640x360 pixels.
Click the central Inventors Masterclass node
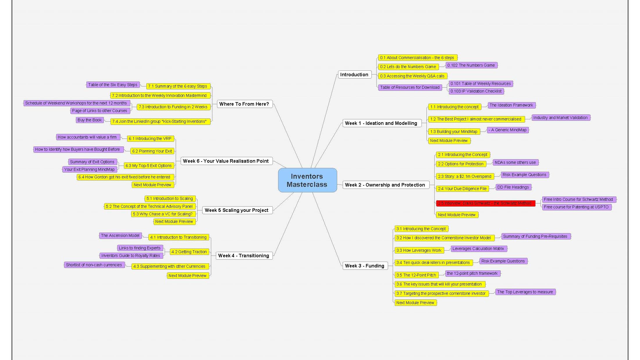[x=307, y=180]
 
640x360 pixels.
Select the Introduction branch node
[x=354, y=75]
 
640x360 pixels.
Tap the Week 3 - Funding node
[x=365, y=266]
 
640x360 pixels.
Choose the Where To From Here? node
[x=244, y=104]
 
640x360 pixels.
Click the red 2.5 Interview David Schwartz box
[x=485, y=203]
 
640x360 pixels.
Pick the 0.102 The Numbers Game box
[x=471, y=65]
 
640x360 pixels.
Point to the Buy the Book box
[x=90, y=120]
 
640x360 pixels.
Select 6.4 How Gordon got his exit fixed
[x=125, y=177]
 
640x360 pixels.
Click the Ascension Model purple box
[x=120, y=235]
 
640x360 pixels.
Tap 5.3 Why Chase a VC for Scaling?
[x=163, y=214]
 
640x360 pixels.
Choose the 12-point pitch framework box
[x=472, y=273]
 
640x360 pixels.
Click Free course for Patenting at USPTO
[x=576, y=207]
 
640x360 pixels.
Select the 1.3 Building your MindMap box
[x=454, y=132]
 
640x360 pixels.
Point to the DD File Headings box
[x=513, y=187]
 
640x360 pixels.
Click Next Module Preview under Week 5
[x=174, y=221]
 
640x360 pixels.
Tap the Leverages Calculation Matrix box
[x=478, y=249]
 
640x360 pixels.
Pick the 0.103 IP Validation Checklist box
[x=476, y=91]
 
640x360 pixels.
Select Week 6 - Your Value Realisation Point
[x=226, y=161]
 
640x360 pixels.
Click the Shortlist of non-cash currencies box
[x=94, y=265]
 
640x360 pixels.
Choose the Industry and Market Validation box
[x=560, y=118]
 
